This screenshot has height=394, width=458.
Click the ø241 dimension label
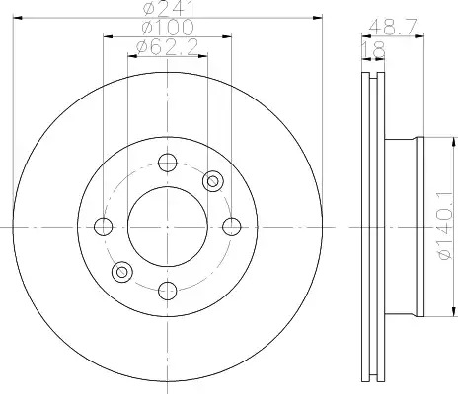[169, 8]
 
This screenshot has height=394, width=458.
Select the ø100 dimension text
[168, 28]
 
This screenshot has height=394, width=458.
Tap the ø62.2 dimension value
[168, 47]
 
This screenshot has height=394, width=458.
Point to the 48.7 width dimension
[393, 27]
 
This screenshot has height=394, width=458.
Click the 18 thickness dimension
[373, 49]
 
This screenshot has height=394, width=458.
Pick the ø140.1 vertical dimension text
[446, 226]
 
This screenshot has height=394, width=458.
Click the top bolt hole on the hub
[168, 163]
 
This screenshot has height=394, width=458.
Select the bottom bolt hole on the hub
[168, 291]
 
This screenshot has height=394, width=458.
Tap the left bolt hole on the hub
[104, 227]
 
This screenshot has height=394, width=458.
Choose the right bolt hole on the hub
[232, 227]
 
